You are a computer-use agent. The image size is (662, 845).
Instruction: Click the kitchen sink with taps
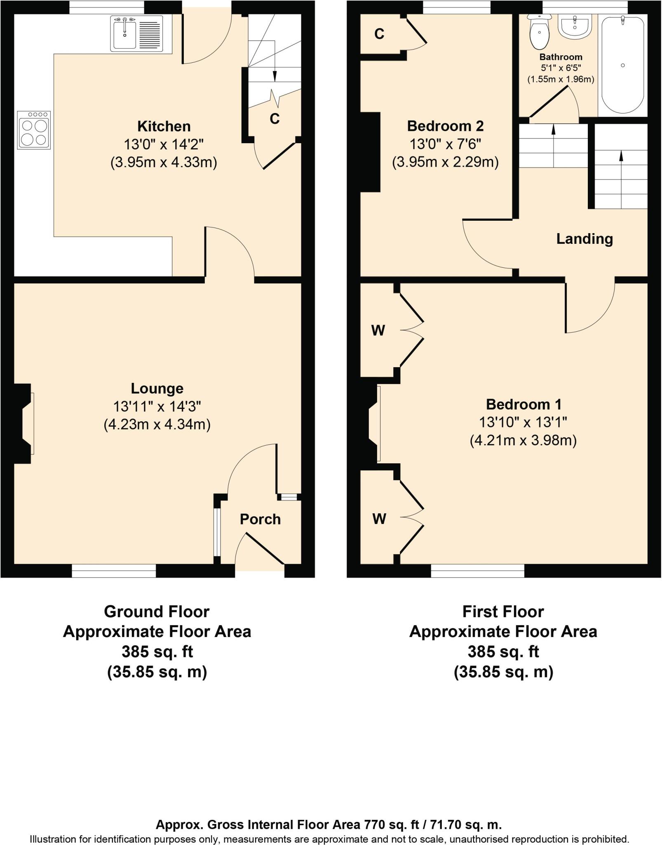(136, 33)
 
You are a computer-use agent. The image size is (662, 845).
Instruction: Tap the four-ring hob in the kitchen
(34, 130)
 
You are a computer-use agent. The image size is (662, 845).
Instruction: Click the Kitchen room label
(164, 126)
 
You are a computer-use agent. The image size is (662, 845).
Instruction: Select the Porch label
(260, 519)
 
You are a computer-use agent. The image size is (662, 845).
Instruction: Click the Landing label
(585, 239)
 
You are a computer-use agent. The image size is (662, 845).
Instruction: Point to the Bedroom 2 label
(445, 126)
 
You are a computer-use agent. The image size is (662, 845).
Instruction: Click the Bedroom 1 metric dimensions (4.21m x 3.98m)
(523, 441)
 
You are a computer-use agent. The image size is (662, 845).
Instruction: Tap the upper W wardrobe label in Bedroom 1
(378, 330)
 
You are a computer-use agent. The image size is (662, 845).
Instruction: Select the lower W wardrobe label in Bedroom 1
(379, 519)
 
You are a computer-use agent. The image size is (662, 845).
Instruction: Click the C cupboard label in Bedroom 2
(379, 34)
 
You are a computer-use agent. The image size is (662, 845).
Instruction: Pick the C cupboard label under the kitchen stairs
(275, 119)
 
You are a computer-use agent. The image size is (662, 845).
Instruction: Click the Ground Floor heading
(157, 611)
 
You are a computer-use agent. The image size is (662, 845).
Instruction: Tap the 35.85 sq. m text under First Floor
(503, 672)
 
